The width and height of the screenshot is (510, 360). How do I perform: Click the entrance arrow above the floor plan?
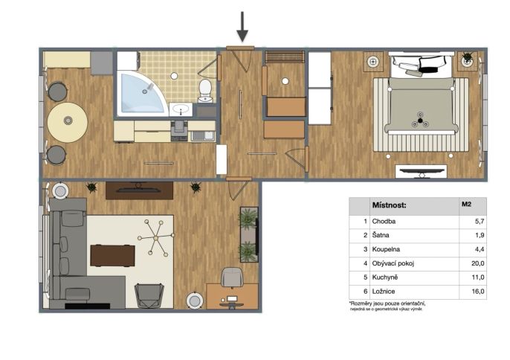click(x=242, y=27)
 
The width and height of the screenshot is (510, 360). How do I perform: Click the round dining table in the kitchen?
click(x=68, y=122)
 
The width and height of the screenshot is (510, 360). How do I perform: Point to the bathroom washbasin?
click(x=181, y=109)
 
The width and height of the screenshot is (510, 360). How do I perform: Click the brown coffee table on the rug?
click(x=112, y=256)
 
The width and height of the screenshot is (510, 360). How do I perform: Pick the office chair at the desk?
click(x=232, y=277)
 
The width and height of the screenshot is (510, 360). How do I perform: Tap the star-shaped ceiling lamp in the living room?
click(x=156, y=237)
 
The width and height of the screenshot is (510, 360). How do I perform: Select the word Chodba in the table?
click(x=384, y=222)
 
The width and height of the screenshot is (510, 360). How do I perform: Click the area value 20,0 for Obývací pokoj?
click(x=478, y=263)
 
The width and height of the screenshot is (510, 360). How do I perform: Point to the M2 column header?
click(x=466, y=205)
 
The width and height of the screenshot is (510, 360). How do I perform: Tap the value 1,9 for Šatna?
click(x=480, y=235)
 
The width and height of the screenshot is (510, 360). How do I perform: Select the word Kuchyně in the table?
click(x=385, y=277)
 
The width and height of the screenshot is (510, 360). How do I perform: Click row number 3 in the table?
click(x=366, y=249)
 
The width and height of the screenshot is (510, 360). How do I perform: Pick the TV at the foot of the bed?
click(x=422, y=172)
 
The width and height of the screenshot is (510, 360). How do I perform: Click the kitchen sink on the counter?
click(x=203, y=135)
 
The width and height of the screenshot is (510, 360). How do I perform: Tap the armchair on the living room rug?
click(x=149, y=295)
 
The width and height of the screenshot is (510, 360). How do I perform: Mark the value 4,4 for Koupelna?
click(x=480, y=249)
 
